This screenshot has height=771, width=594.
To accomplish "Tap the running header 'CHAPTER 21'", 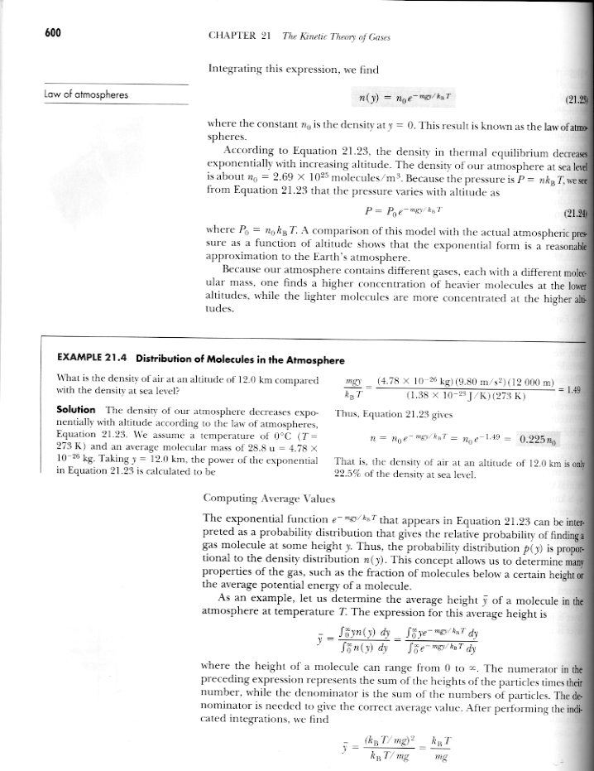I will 241,36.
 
